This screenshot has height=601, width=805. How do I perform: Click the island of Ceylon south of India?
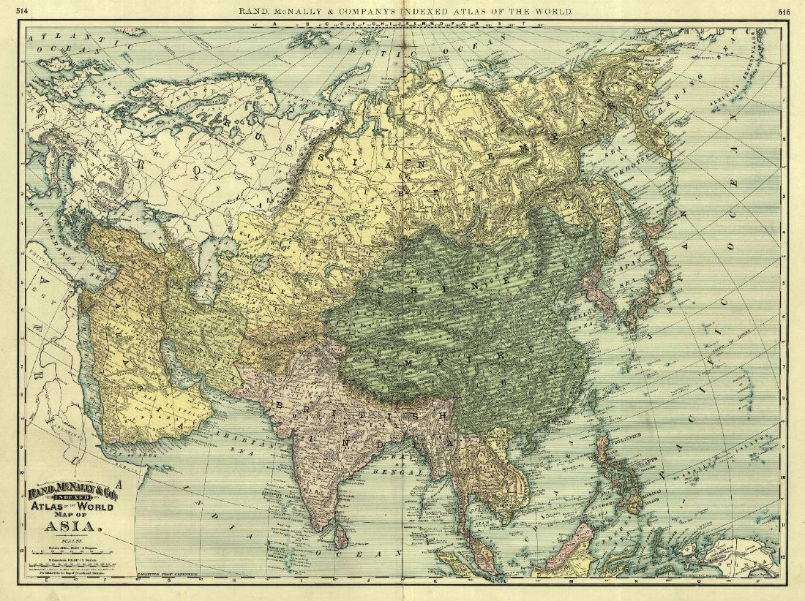pos(340,539)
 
